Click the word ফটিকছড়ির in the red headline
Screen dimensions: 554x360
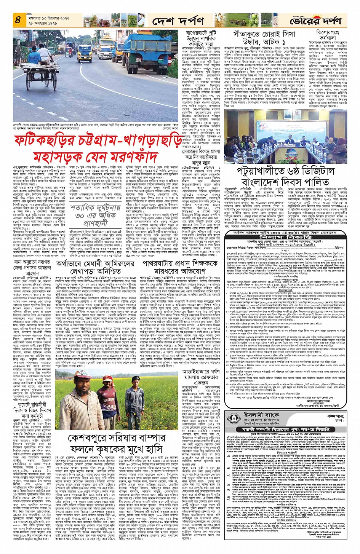pyautogui.click(x=44, y=140)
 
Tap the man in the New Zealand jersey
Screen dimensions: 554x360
pyautogui.click(x=109, y=404)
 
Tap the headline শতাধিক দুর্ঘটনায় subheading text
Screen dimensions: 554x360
pyautogui.click(x=95, y=208)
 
